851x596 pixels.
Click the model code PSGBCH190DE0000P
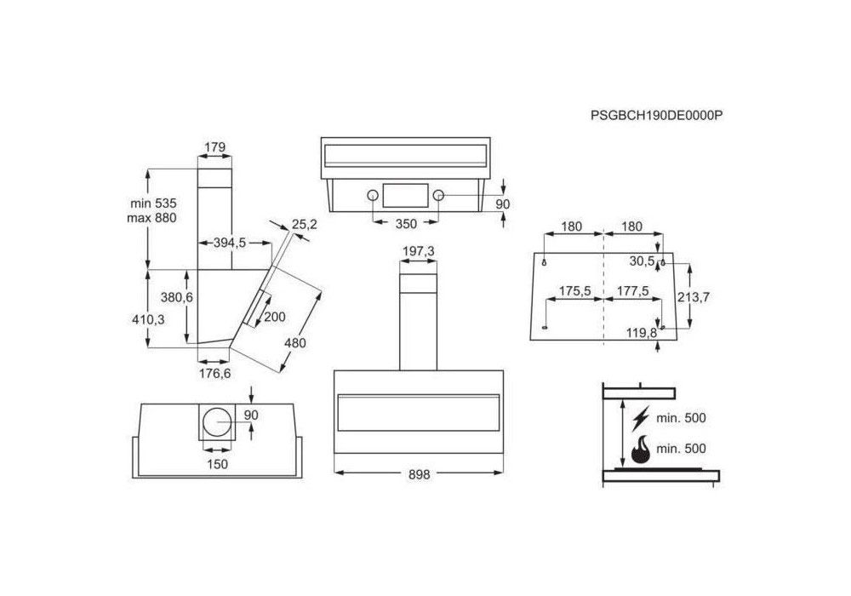(x=657, y=116)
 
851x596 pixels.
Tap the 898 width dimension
(x=419, y=474)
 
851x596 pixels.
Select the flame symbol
(x=641, y=449)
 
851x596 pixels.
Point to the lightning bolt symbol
(x=641, y=418)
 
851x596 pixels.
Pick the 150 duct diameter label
(x=217, y=465)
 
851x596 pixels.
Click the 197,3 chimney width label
(x=419, y=251)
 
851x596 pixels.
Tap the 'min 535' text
(x=153, y=203)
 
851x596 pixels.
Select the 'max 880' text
(x=152, y=218)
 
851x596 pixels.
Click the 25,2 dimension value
(x=304, y=224)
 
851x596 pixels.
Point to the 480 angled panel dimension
(x=294, y=343)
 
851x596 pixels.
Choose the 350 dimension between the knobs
(x=406, y=224)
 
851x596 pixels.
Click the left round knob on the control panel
(x=373, y=196)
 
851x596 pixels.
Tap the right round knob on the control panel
(x=438, y=196)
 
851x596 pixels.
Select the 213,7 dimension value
(x=694, y=297)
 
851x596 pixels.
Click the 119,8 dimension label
(x=642, y=333)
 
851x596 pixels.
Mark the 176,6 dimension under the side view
(x=215, y=374)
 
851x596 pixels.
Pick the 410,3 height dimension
(x=148, y=320)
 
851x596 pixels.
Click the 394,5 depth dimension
(x=229, y=243)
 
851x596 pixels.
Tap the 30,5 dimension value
(x=642, y=261)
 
